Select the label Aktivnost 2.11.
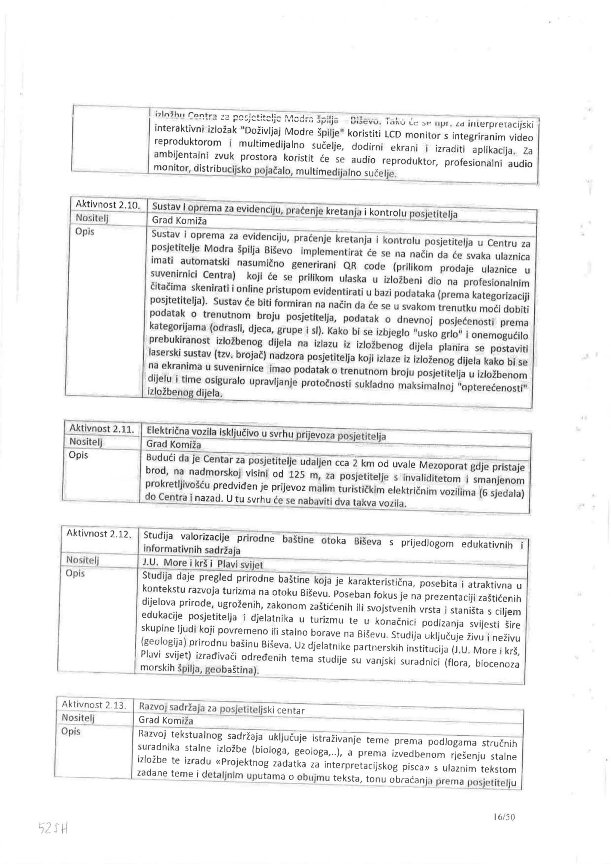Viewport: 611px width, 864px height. click(101, 429)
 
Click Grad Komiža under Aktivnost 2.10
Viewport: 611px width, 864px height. click(179, 221)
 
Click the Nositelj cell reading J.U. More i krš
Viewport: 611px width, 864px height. click(203, 564)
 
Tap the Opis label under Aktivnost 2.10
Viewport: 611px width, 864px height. click(84, 232)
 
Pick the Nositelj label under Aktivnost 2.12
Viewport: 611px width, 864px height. click(82, 560)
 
